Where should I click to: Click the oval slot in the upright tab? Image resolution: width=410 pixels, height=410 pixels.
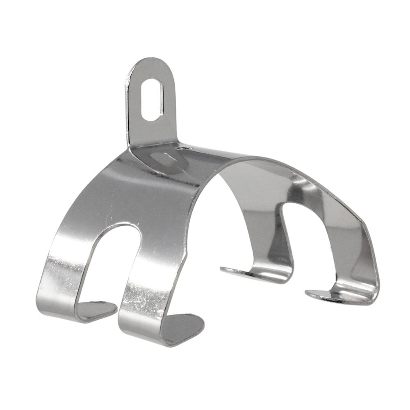[150, 100]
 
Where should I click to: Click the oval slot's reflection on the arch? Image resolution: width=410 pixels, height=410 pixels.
[164, 159]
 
